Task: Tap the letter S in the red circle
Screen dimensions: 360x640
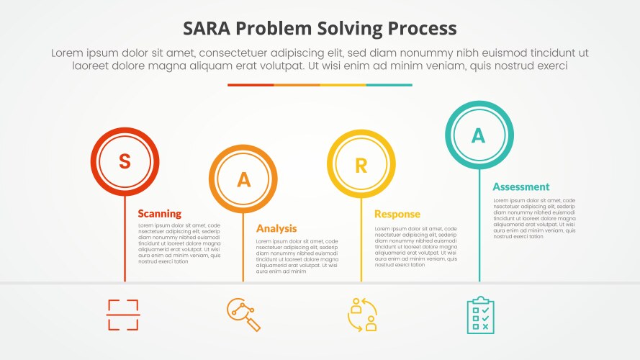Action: click(x=125, y=162)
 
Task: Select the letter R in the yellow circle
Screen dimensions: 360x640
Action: click(x=361, y=165)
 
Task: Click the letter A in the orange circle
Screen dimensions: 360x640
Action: click(x=243, y=179)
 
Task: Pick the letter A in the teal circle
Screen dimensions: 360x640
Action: click(x=479, y=135)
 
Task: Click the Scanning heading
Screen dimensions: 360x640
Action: click(x=159, y=214)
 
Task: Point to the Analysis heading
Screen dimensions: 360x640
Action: click(x=276, y=228)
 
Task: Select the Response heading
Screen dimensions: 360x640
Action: click(x=397, y=214)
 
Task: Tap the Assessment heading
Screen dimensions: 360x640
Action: click(x=520, y=186)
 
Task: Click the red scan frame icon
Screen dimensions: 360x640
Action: click(x=123, y=315)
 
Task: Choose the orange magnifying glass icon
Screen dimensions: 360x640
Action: click(x=243, y=315)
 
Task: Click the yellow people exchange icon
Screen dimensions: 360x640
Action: click(x=362, y=315)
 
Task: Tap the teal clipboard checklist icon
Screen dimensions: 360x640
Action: click(x=480, y=315)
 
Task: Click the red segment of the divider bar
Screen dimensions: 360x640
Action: click(x=251, y=85)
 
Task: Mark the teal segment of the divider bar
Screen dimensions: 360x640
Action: click(x=389, y=85)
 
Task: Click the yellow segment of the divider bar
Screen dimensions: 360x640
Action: click(x=343, y=85)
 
